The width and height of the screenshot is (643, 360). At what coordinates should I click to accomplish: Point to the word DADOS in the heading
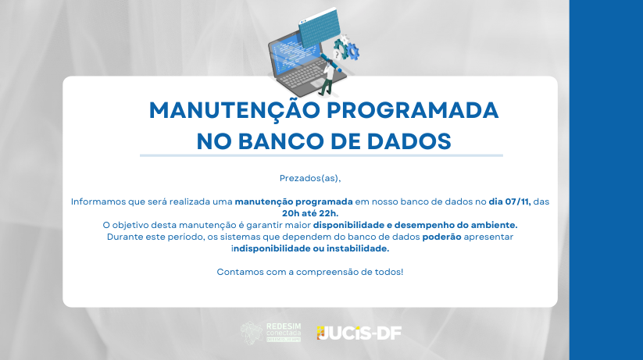[409, 141]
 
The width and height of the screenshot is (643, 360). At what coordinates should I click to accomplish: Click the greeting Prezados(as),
[310, 178]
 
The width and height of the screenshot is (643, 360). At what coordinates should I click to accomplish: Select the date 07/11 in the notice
[518, 201]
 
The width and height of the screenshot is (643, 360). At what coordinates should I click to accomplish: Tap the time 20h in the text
[291, 213]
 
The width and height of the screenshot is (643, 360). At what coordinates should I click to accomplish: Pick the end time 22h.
[329, 213]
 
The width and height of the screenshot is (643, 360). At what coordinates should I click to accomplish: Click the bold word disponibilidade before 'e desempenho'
[349, 225]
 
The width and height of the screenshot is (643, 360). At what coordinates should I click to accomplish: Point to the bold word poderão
[441, 237]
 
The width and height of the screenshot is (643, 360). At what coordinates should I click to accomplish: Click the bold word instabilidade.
[358, 248]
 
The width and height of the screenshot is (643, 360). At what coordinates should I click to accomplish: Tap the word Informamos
[98, 201]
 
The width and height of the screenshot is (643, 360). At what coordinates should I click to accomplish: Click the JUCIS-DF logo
[359, 333]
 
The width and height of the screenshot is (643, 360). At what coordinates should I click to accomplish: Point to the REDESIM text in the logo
[284, 326]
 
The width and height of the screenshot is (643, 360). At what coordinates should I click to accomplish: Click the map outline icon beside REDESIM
[252, 333]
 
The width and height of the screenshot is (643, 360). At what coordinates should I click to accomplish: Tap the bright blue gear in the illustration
[352, 52]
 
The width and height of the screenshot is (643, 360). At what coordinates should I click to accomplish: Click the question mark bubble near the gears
[337, 55]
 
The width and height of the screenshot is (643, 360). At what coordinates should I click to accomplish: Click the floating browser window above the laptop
[320, 29]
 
